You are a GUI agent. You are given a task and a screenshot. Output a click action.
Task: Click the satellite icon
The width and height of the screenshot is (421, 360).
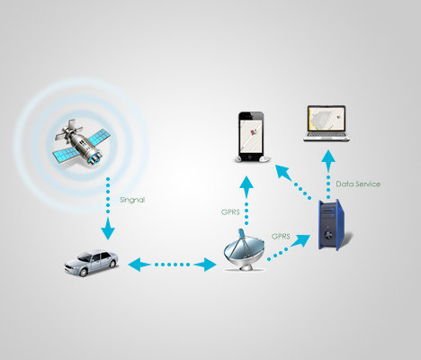82,142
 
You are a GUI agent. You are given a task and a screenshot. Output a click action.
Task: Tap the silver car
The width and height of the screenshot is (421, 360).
91,263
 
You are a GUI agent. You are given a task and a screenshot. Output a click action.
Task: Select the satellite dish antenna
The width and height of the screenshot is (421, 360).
244,250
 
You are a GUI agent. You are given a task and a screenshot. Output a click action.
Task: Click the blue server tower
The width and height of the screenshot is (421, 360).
332,224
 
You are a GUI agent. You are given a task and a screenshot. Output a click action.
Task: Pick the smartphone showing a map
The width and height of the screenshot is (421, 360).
251,137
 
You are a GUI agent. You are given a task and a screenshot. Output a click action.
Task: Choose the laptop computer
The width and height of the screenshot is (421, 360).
327,123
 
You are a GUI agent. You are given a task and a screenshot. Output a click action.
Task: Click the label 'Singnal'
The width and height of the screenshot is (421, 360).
132,200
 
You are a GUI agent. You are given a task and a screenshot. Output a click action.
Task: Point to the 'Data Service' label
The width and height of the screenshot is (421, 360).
358,184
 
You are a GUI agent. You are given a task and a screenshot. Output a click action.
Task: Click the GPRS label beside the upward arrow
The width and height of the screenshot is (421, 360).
230,212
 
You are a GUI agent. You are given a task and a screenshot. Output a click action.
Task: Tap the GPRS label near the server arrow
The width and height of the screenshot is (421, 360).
281,237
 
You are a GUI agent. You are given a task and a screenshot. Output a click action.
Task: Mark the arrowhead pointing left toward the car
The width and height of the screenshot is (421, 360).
138,265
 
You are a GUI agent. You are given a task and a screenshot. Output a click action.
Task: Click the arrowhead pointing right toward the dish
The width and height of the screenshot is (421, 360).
206,265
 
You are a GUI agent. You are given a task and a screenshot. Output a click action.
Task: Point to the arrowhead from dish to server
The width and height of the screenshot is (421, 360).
301,240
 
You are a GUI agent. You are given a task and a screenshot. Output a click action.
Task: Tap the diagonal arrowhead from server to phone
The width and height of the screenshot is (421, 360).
283,172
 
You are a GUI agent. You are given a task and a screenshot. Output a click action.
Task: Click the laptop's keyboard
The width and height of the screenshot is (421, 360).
327,136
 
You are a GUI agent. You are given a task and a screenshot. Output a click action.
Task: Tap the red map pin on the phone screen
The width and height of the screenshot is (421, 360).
252,131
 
